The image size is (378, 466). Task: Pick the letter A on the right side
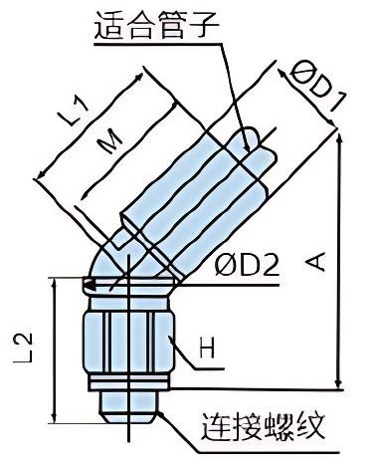pyautogui.click(x=316, y=261)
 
